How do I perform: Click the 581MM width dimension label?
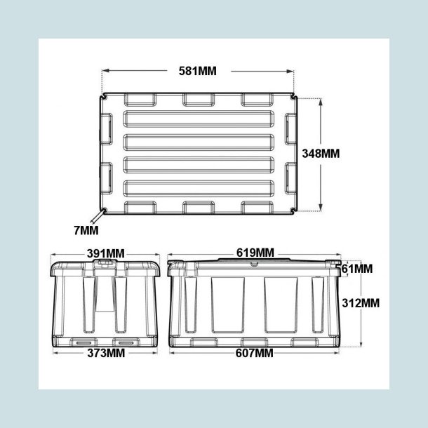coord(199,71)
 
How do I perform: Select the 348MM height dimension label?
coord(320,153)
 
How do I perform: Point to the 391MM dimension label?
coord(105,253)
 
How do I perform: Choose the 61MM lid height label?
coord(357,269)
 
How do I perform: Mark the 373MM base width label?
coord(105,352)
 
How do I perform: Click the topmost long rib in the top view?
coord(199,116)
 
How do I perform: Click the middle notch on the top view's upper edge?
coord(199,99)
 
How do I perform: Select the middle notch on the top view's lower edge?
coord(199,208)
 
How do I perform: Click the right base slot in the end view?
coord(127,342)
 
